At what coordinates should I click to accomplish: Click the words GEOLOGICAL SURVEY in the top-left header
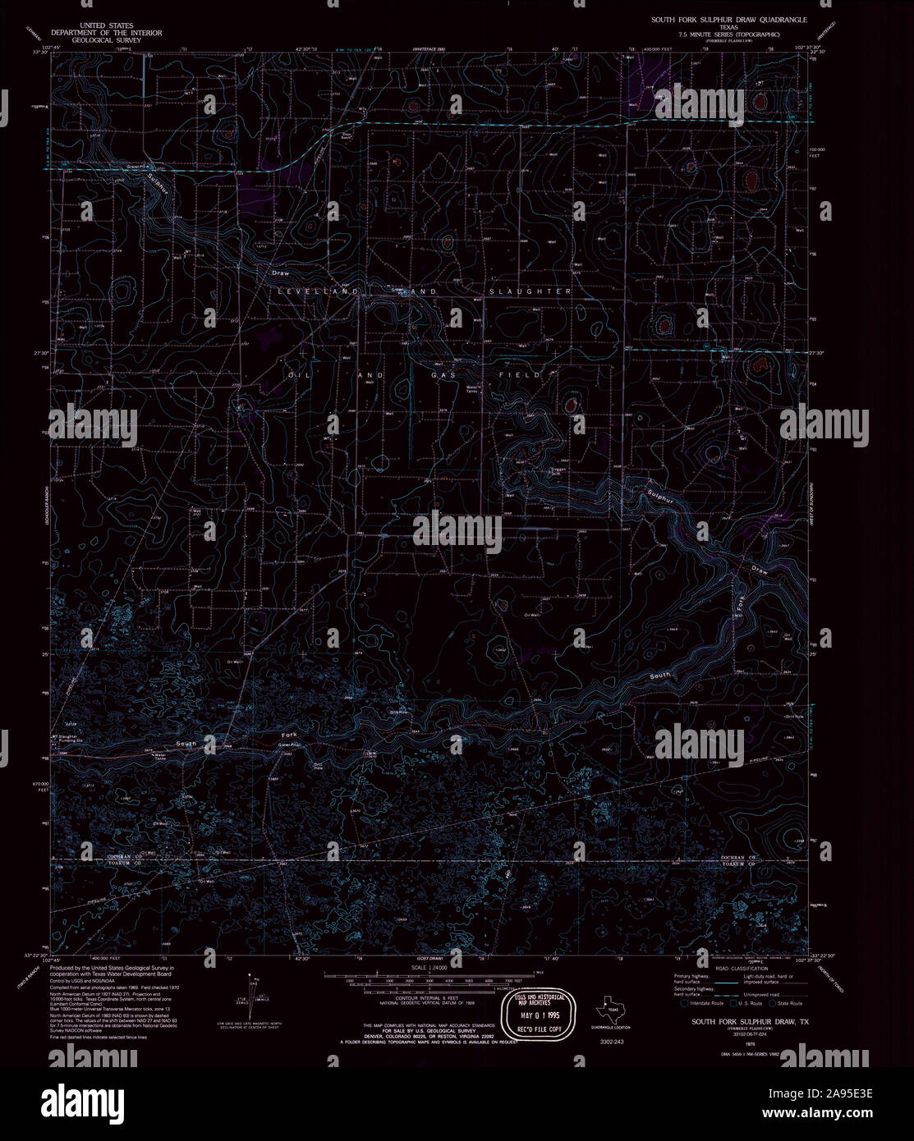106,39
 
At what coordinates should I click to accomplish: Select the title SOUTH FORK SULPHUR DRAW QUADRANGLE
729,18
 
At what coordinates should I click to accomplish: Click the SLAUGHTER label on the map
530,291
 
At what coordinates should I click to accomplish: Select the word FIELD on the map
521,374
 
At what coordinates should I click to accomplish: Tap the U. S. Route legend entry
746,1003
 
